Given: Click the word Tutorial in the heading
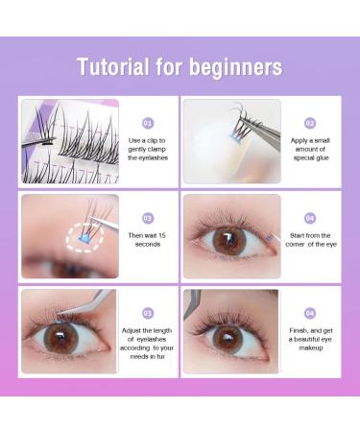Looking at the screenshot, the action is pos(113,66).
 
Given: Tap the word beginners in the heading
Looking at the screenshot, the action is pos(235,67).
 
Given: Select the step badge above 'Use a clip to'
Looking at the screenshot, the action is pos(148,123).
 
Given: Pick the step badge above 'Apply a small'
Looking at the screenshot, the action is pos(310,123).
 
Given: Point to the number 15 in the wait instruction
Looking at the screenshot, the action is pos(161,235).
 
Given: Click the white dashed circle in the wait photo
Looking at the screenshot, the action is pos(84,238).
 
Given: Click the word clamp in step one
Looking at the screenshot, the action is pos(156,149).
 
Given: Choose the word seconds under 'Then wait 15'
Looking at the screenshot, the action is pos(148,244).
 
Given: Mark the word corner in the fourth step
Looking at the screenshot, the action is pos(296,244).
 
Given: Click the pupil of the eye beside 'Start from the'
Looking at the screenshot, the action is pos(229,241).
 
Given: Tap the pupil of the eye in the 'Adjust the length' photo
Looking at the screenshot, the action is pos(60,337).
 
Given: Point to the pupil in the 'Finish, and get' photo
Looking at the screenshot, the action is pos(228,339).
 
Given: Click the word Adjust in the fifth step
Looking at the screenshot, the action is pos(132,331).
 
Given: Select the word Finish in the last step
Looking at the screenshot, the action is pos(299,331).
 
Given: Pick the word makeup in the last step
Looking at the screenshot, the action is pos(311,348).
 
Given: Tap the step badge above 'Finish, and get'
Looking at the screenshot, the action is pos(310,313).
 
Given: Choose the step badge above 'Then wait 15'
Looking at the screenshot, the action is pos(148,218).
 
